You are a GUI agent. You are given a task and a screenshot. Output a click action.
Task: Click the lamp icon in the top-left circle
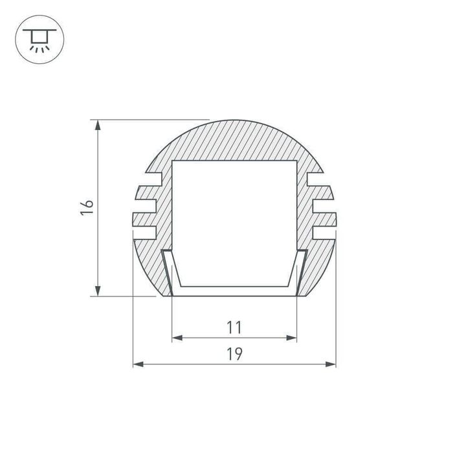(39, 38)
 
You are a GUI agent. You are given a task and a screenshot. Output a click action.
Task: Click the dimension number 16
(87, 208)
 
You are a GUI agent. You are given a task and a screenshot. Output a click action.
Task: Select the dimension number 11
(234, 327)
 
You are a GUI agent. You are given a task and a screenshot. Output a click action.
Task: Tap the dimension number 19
(234, 354)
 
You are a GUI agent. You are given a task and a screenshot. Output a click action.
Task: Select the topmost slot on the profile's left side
(155, 175)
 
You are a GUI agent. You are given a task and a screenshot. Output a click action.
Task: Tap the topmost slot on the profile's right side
(315, 175)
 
